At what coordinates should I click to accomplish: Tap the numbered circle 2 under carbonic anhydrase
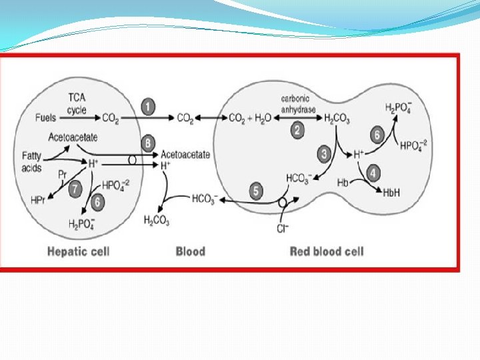tap(297, 131)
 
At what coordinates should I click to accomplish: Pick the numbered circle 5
tap(256, 191)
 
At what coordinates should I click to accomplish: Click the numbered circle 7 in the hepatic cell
tap(75, 189)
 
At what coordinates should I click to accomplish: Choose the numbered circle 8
tap(148, 143)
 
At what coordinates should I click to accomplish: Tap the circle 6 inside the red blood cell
tap(377, 135)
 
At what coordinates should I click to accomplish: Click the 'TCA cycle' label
tap(77, 104)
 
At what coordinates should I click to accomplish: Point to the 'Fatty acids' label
tap(31, 162)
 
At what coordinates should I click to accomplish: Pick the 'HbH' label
tap(391, 192)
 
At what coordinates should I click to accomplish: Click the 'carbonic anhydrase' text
tap(297, 103)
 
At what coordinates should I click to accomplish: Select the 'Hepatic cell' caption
tap(78, 251)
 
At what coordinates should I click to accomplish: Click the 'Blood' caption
tap(190, 251)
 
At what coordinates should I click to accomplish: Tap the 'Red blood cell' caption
tap(327, 251)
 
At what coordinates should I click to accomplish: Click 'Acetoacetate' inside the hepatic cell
tap(73, 137)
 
